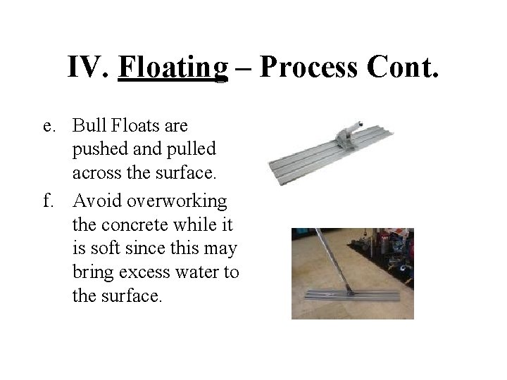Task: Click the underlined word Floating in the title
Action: click(174, 67)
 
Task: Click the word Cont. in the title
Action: click(403, 67)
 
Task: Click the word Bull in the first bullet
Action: click(88, 126)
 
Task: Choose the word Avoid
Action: click(96, 202)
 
